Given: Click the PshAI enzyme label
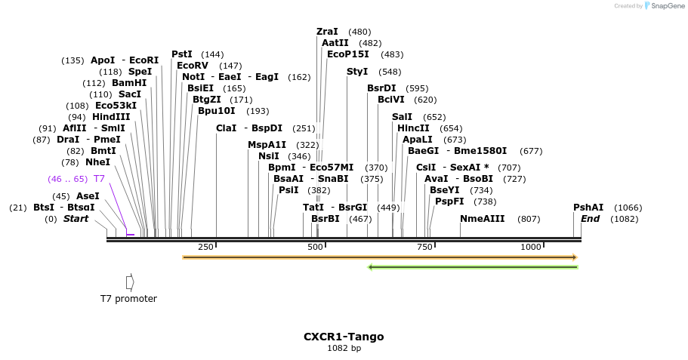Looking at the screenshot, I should point(588,208).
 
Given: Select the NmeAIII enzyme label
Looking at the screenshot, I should point(482,219).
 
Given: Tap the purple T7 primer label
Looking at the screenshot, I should point(99,179).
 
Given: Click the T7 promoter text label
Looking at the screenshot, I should point(128,299).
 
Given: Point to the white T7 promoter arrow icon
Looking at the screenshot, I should point(130,282).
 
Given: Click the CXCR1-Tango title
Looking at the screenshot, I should point(344,337).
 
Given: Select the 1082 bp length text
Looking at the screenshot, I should point(344,349).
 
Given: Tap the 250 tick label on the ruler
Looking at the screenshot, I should point(205,247).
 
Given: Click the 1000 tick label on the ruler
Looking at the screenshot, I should point(531,247).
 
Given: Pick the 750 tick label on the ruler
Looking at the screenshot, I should point(424,247).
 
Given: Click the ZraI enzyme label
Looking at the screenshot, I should point(327,32).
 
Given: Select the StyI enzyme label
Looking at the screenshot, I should point(357,72).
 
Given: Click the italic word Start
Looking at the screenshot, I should point(76,219).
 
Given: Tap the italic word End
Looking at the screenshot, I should point(590,219).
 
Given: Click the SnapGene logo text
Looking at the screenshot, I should point(668,6).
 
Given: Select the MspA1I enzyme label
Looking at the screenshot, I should point(267,145).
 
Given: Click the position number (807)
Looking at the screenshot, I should point(529,219).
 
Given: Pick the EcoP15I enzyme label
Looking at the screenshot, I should point(348,54).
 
